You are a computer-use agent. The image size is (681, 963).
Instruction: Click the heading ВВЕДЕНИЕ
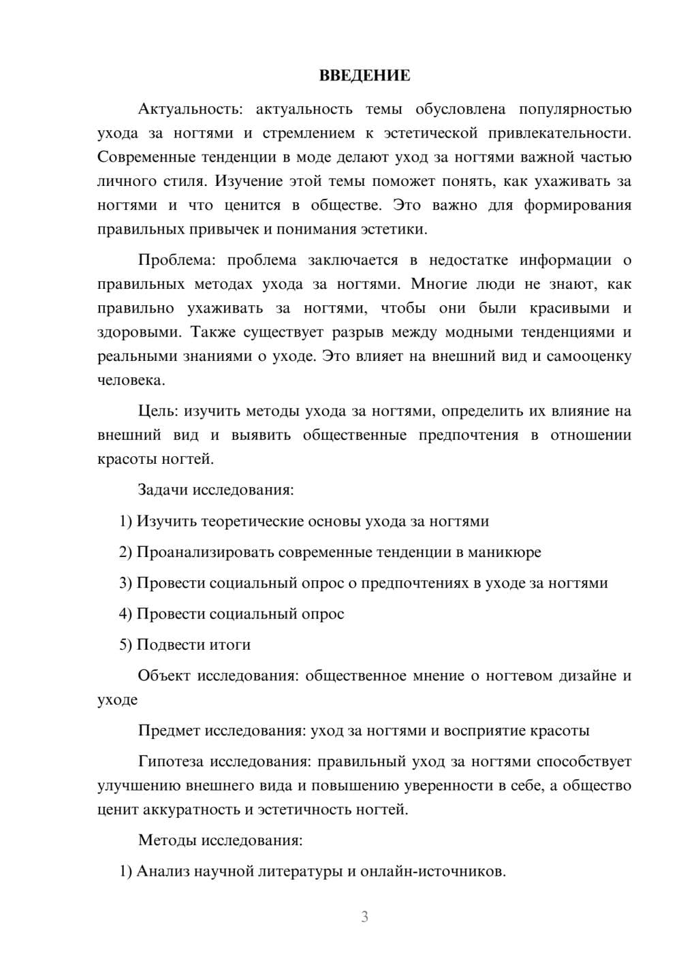[364, 76]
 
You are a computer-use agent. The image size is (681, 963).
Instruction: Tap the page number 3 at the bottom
[364, 917]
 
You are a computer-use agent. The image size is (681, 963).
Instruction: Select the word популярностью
[575, 110]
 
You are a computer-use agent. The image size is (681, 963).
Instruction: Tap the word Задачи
[163, 490]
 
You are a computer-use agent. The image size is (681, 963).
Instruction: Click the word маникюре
[504, 552]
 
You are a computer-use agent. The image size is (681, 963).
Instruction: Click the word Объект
[163, 676]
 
